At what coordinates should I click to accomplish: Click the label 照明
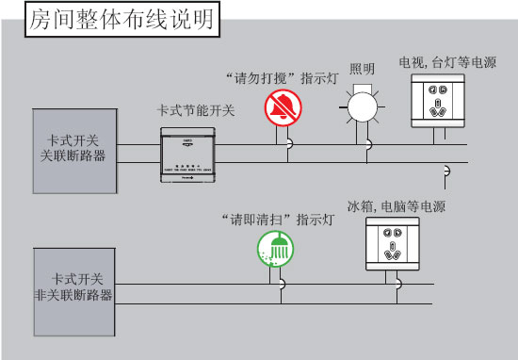pyautogui.click(x=362, y=69)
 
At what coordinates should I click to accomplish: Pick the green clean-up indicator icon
pyautogui.click(x=274, y=250)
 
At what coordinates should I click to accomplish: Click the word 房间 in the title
pyautogui.click(x=50, y=20)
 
